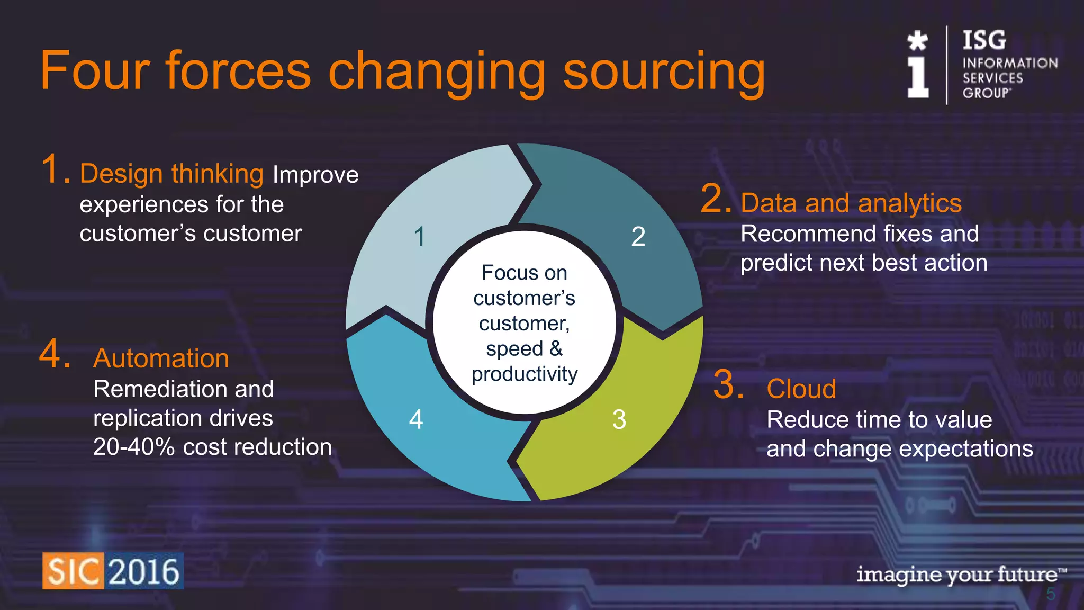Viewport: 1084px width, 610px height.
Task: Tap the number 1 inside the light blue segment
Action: point(420,236)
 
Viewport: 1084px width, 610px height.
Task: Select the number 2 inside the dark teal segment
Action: point(638,236)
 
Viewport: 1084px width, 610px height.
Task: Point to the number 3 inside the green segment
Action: point(619,419)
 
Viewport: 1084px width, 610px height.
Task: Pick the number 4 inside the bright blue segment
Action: point(416,419)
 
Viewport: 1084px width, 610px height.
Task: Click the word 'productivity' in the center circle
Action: point(525,374)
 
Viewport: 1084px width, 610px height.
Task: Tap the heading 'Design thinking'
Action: point(171,174)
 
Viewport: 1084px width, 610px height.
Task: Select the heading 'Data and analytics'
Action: point(851,203)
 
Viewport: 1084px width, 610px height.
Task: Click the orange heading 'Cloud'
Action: point(801,389)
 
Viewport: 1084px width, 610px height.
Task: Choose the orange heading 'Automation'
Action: point(161,358)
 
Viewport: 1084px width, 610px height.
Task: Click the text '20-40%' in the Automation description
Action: point(134,447)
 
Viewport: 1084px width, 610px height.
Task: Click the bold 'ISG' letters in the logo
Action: point(984,40)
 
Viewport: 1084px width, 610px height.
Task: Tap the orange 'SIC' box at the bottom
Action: point(73,571)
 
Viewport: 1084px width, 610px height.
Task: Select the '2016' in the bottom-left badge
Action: point(144,571)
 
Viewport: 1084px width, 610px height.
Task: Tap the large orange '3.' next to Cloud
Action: point(728,385)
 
